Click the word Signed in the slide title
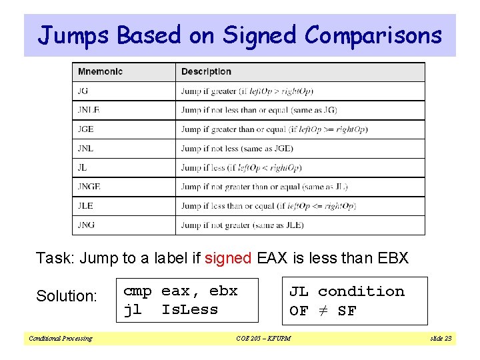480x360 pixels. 259,35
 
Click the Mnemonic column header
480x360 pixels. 100,71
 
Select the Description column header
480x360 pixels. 206,71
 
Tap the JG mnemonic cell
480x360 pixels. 83,91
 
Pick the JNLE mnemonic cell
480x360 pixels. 89,110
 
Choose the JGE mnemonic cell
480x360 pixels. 86,129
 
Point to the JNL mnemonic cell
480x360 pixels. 86,149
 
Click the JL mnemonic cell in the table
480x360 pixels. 82,168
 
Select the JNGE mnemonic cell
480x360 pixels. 89,187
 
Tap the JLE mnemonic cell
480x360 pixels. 85,206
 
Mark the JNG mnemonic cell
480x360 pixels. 86,225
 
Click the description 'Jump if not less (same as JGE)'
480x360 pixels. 237,149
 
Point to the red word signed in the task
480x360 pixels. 228,258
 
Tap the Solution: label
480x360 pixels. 67,296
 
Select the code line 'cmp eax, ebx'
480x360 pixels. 181,291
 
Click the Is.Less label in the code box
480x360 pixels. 190,309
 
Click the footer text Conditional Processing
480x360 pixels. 60,339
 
